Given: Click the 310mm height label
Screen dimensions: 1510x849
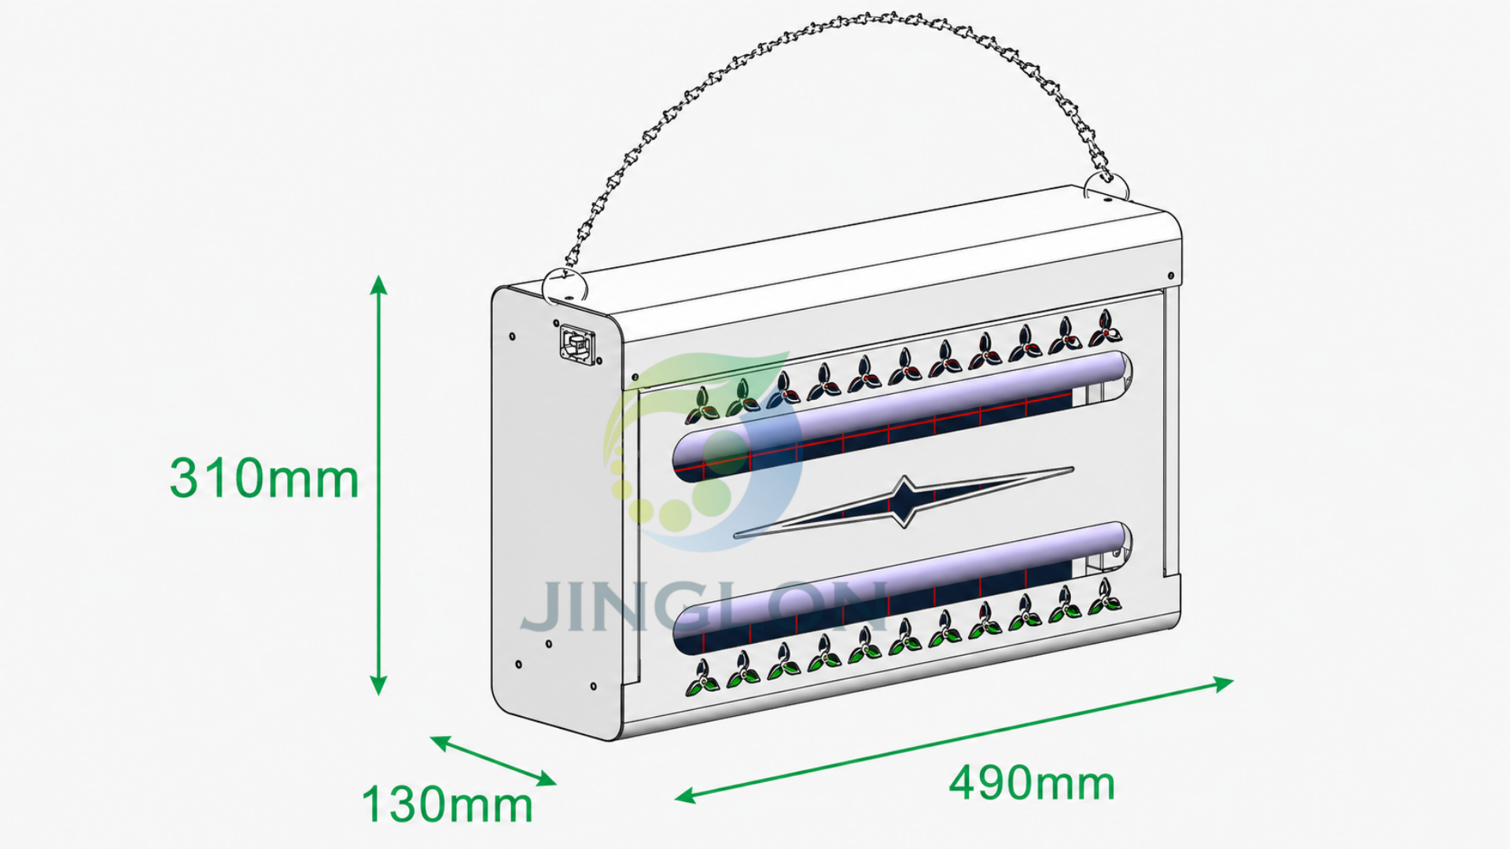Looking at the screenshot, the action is (x=264, y=478).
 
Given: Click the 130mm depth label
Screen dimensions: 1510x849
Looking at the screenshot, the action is (x=447, y=805).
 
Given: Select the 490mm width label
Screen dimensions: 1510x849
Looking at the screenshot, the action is (x=1032, y=783).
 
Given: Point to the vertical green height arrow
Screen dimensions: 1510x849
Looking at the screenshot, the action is (x=379, y=485).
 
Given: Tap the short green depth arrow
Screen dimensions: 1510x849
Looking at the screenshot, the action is (x=493, y=760).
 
